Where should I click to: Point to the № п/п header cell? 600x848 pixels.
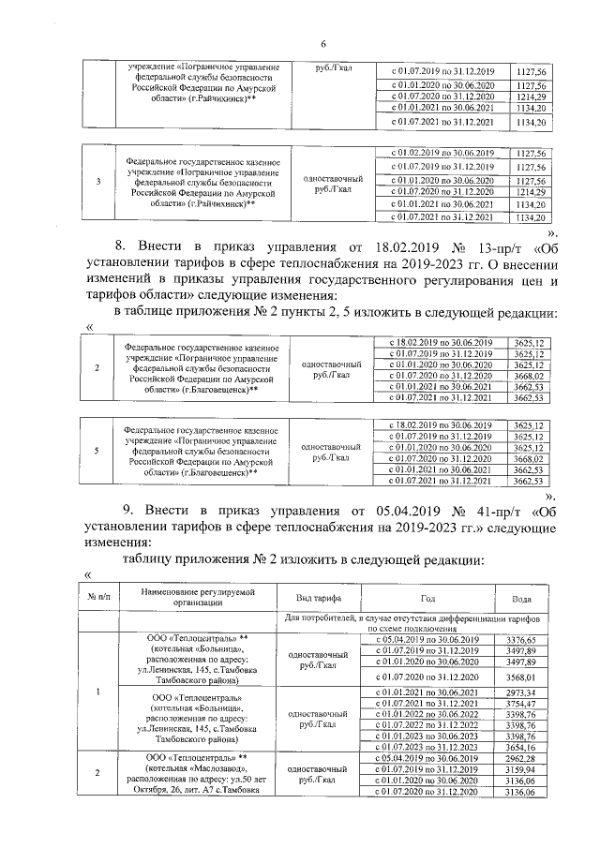(98, 597)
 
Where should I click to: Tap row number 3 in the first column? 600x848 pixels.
(98, 181)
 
